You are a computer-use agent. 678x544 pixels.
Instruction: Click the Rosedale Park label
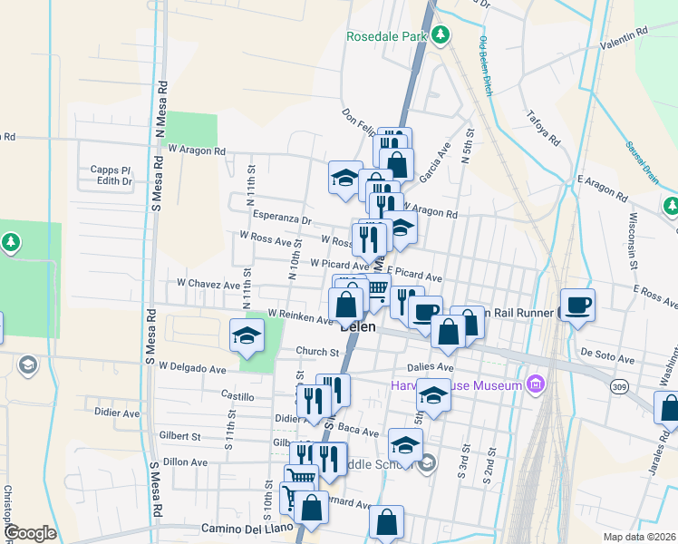(386, 36)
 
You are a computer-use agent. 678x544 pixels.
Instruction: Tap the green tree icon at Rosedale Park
(440, 35)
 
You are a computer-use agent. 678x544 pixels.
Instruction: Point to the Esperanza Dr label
(281, 219)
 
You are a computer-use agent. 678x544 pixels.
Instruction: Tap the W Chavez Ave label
(208, 284)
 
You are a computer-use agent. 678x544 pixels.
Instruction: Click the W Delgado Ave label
(191, 369)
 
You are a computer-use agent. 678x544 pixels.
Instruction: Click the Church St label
(316, 351)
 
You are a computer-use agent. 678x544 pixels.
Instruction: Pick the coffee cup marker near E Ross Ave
(577, 306)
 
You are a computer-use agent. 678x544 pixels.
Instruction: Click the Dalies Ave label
(431, 367)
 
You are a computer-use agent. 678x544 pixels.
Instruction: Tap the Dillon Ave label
(186, 461)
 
